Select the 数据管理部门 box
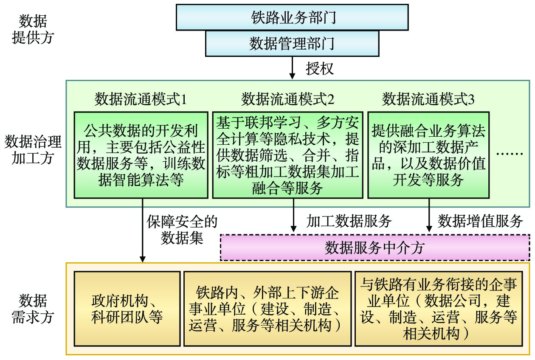[x=292, y=43]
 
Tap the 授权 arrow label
[x=320, y=68]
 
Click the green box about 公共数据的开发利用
[x=141, y=155]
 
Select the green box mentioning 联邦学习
[x=288, y=155]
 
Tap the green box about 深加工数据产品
[x=428, y=155]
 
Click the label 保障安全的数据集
[x=182, y=230]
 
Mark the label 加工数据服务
[x=349, y=221]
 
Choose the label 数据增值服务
[x=480, y=221]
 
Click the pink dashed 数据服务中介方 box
[x=375, y=247]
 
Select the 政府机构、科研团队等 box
[x=127, y=309]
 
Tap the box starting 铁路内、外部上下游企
[x=267, y=309]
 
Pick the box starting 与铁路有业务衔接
[x=439, y=309]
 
